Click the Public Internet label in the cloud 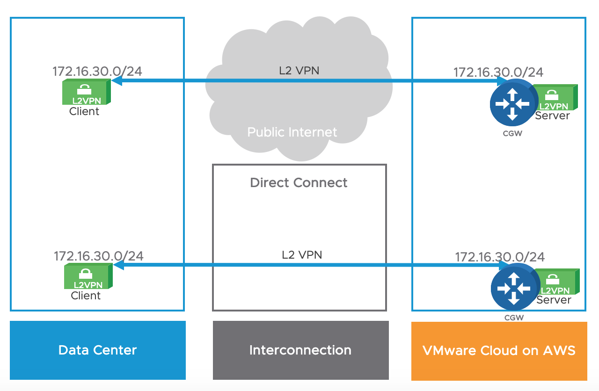tap(292, 132)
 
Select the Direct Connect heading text tap(299, 182)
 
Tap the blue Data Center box tap(97, 350)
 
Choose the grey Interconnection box tap(300, 350)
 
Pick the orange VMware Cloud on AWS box tap(499, 350)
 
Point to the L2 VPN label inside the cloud tap(299, 71)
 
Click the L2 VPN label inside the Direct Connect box tap(302, 255)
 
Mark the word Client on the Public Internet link tap(84, 111)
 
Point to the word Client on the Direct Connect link tap(86, 296)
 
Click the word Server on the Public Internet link tap(552, 116)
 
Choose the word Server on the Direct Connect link tap(554, 300)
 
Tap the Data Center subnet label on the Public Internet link tap(97, 72)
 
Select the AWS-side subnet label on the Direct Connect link tap(500, 257)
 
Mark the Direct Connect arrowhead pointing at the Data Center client tap(118, 265)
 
